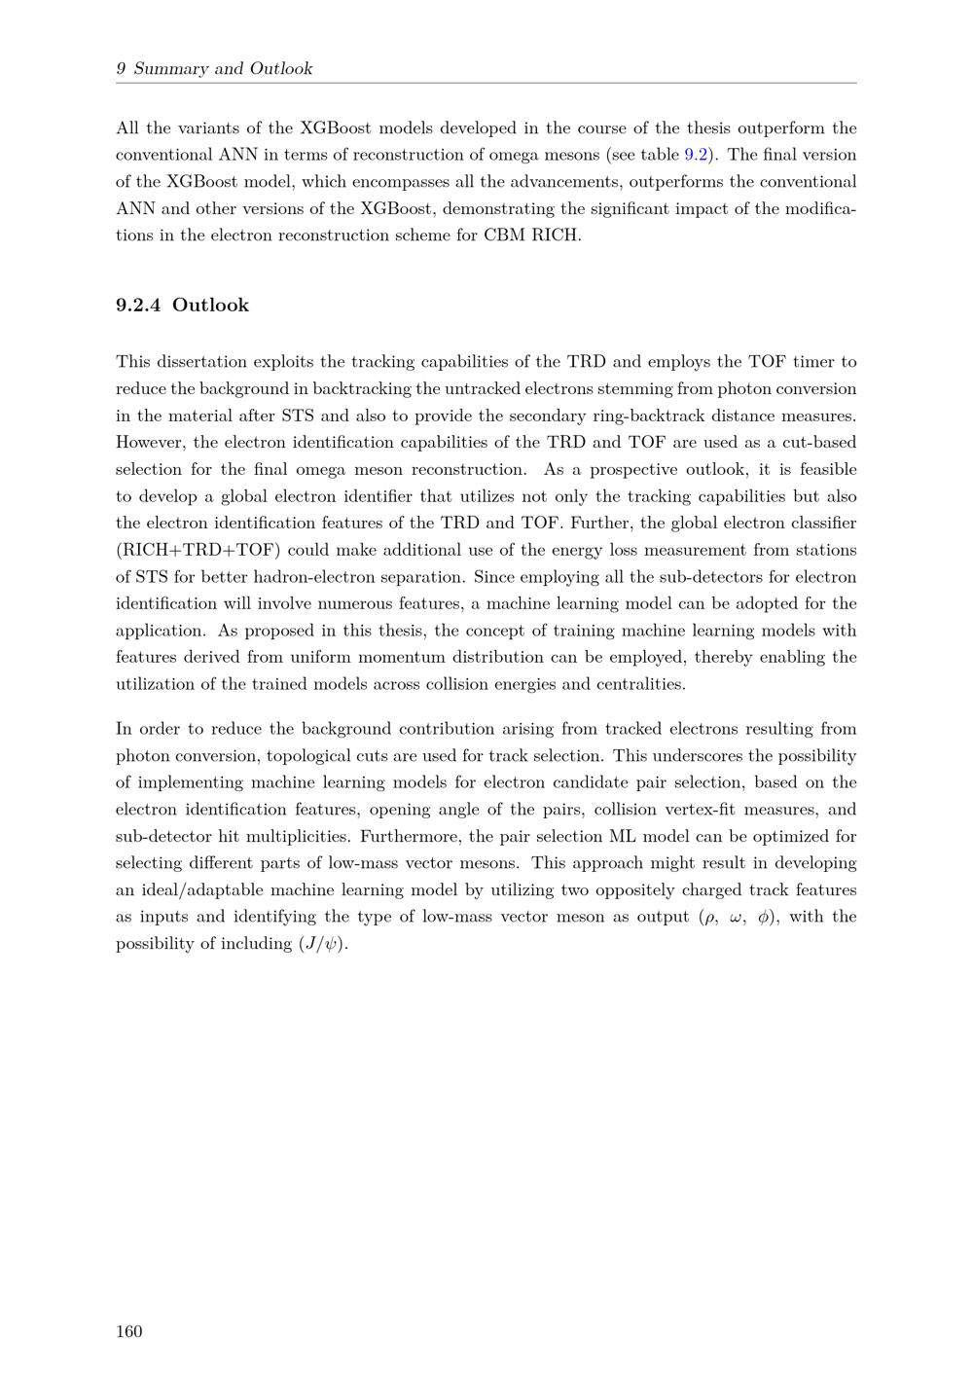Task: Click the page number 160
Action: (x=129, y=1331)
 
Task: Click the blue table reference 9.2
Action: (x=697, y=155)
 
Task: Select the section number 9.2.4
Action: (x=138, y=306)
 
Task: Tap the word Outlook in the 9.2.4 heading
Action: (x=210, y=306)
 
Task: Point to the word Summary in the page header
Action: (x=170, y=68)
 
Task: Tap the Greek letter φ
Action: (x=764, y=917)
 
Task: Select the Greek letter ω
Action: (x=737, y=917)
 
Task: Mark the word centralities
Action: (x=636, y=684)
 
